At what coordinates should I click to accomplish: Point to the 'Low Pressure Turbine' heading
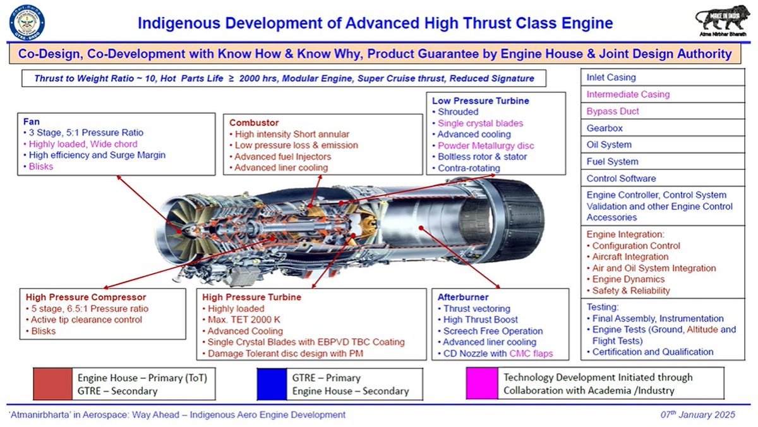coord(480,101)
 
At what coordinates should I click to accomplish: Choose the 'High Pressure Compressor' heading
coord(86,297)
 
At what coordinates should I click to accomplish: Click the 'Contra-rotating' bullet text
coord(469,168)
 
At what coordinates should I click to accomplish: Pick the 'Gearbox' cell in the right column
coord(605,128)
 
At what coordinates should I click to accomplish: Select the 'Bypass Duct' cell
coord(613,111)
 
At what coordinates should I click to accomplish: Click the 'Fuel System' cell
coord(612,161)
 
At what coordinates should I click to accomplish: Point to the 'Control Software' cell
coord(621,178)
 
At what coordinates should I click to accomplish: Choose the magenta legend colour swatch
coord(480,383)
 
